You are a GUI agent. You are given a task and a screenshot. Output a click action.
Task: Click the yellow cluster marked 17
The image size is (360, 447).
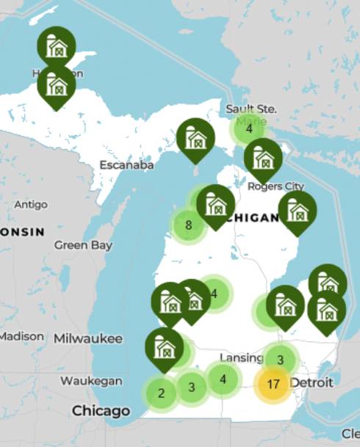pyautogui.click(x=273, y=384)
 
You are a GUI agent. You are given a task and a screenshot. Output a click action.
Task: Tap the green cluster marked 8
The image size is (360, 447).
pyautogui.click(x=189, y=225)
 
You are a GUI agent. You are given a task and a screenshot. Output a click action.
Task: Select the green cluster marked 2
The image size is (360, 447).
pyautogui.click(x=161, y=393)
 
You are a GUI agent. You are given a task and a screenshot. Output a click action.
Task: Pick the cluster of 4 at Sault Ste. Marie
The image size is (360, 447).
pyautogui.click(x=249, y=129)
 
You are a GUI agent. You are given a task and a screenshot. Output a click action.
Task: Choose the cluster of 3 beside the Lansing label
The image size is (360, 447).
pyautogui.click(x=280, y=360)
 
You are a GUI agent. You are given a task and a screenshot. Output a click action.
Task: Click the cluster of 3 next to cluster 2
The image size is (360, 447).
pyautogui.click(x=192, y=387)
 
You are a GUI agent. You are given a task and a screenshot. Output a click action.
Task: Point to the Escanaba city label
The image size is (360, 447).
pyautogui.click(x=127, y=165)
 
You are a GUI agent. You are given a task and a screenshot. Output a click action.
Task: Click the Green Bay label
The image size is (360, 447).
pyautogui.click(x=83, y=245)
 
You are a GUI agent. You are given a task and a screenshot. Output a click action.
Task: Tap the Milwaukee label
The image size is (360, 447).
pyautogui.click(x=87, y=338)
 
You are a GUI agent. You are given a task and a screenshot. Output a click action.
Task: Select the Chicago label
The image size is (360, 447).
pyautogui.click(x=101, y=411)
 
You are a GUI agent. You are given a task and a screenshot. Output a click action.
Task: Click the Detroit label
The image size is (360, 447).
pyautogui.click(x=311, y=382)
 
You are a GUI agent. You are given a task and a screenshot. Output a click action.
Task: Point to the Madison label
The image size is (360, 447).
pyautogui.click(x=21, y=335)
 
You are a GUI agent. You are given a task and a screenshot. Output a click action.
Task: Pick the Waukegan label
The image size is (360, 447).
pyautogui.click(x=91, y=380)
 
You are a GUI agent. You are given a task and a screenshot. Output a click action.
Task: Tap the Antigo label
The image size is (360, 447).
pyautogui.click(x=30, y=203)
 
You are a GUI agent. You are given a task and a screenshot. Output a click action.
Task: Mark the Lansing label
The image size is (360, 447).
pyautogui.click(x=241, y=357)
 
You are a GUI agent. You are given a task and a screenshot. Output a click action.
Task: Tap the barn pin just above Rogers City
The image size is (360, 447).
pyautogui.click(x=263, y=157)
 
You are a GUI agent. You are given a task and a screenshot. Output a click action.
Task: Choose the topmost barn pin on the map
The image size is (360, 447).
pyautogui.click(x=57, y=46)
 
